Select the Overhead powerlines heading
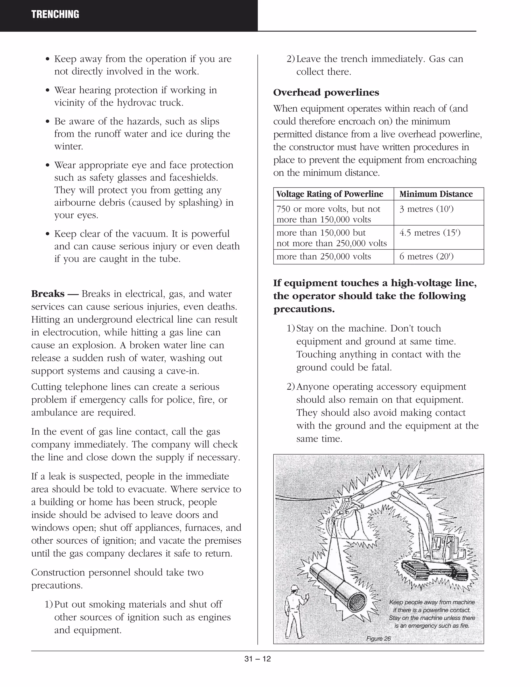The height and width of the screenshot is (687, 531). coord(326,93)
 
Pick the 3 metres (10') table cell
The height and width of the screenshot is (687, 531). coord(426,209)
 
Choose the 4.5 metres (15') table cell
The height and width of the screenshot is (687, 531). coord(430,233)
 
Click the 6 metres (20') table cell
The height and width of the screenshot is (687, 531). coord(426,256)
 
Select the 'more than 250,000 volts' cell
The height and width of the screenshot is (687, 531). coord(323,256)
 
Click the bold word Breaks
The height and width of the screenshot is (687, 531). coord(47,294)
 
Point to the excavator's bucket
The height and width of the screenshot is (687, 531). coord(346,528)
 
